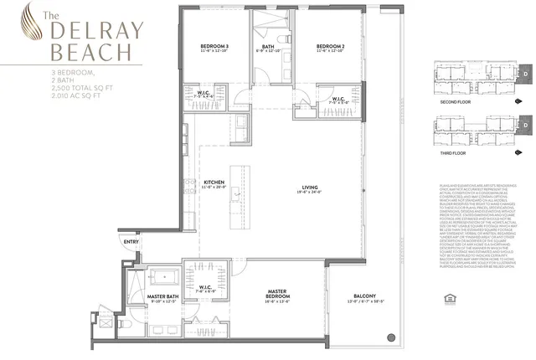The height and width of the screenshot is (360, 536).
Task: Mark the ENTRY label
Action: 131,242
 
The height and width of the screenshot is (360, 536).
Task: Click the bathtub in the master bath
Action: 165,275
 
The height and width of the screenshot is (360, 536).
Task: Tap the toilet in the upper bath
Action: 282,38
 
